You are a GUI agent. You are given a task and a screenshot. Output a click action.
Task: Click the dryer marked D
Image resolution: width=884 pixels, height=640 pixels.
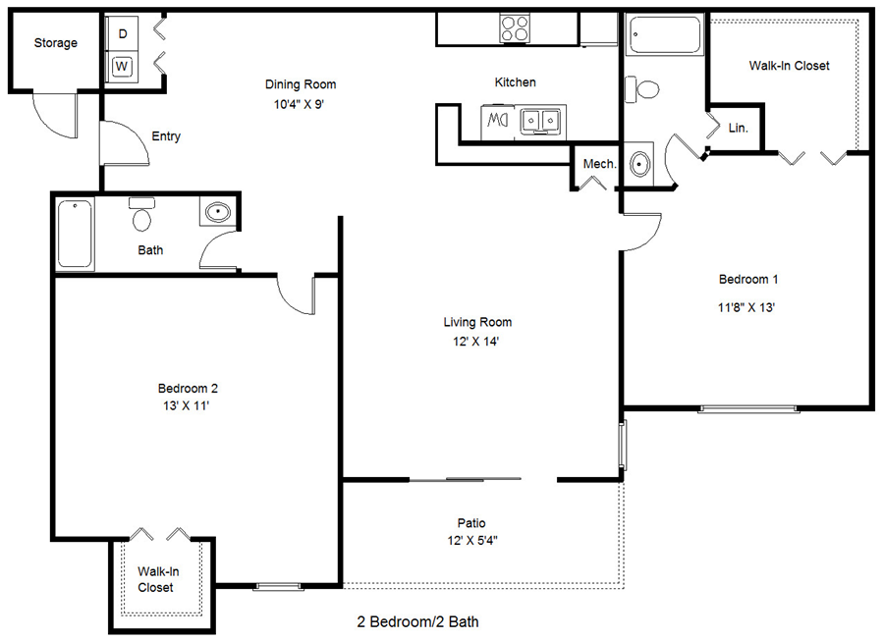coord(123,34)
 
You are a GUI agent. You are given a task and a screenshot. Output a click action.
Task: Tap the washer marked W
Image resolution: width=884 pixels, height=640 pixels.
coord(123,67)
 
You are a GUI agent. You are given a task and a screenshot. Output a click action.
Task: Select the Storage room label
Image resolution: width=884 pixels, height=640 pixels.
coord(55,43)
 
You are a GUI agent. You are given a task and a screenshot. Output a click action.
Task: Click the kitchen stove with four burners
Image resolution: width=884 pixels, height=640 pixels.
coord(515,27)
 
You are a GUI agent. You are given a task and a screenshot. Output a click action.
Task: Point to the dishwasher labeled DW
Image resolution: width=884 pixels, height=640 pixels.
coord(496,121)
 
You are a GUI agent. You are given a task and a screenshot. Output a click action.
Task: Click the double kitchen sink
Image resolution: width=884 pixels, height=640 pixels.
coord(540,121)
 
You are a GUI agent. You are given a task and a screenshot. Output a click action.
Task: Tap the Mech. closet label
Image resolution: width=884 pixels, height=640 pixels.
coord(599,164)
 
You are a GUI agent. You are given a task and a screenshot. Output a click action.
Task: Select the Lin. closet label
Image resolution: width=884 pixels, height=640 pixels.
coord(739,129)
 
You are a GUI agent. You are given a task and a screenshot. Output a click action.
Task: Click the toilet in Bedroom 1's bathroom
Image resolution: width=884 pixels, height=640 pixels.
coord(645,90)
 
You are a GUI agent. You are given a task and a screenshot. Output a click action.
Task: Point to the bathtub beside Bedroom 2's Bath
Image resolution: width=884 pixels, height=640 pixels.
coord(75,234)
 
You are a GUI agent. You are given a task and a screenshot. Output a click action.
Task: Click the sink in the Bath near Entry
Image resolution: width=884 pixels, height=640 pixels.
coord(216,212)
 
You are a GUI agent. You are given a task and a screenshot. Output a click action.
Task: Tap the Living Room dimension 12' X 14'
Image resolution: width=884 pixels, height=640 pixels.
coord(477,342)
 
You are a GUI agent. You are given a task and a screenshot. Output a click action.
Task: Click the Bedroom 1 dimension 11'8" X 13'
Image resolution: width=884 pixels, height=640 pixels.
coord(748,307)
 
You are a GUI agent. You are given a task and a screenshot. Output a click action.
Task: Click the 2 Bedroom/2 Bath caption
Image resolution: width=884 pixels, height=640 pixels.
coord(417,621)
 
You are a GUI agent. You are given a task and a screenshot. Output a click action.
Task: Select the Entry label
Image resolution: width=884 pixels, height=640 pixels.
coord(166,136)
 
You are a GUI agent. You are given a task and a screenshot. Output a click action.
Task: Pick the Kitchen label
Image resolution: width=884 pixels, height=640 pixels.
coord(515,82)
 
